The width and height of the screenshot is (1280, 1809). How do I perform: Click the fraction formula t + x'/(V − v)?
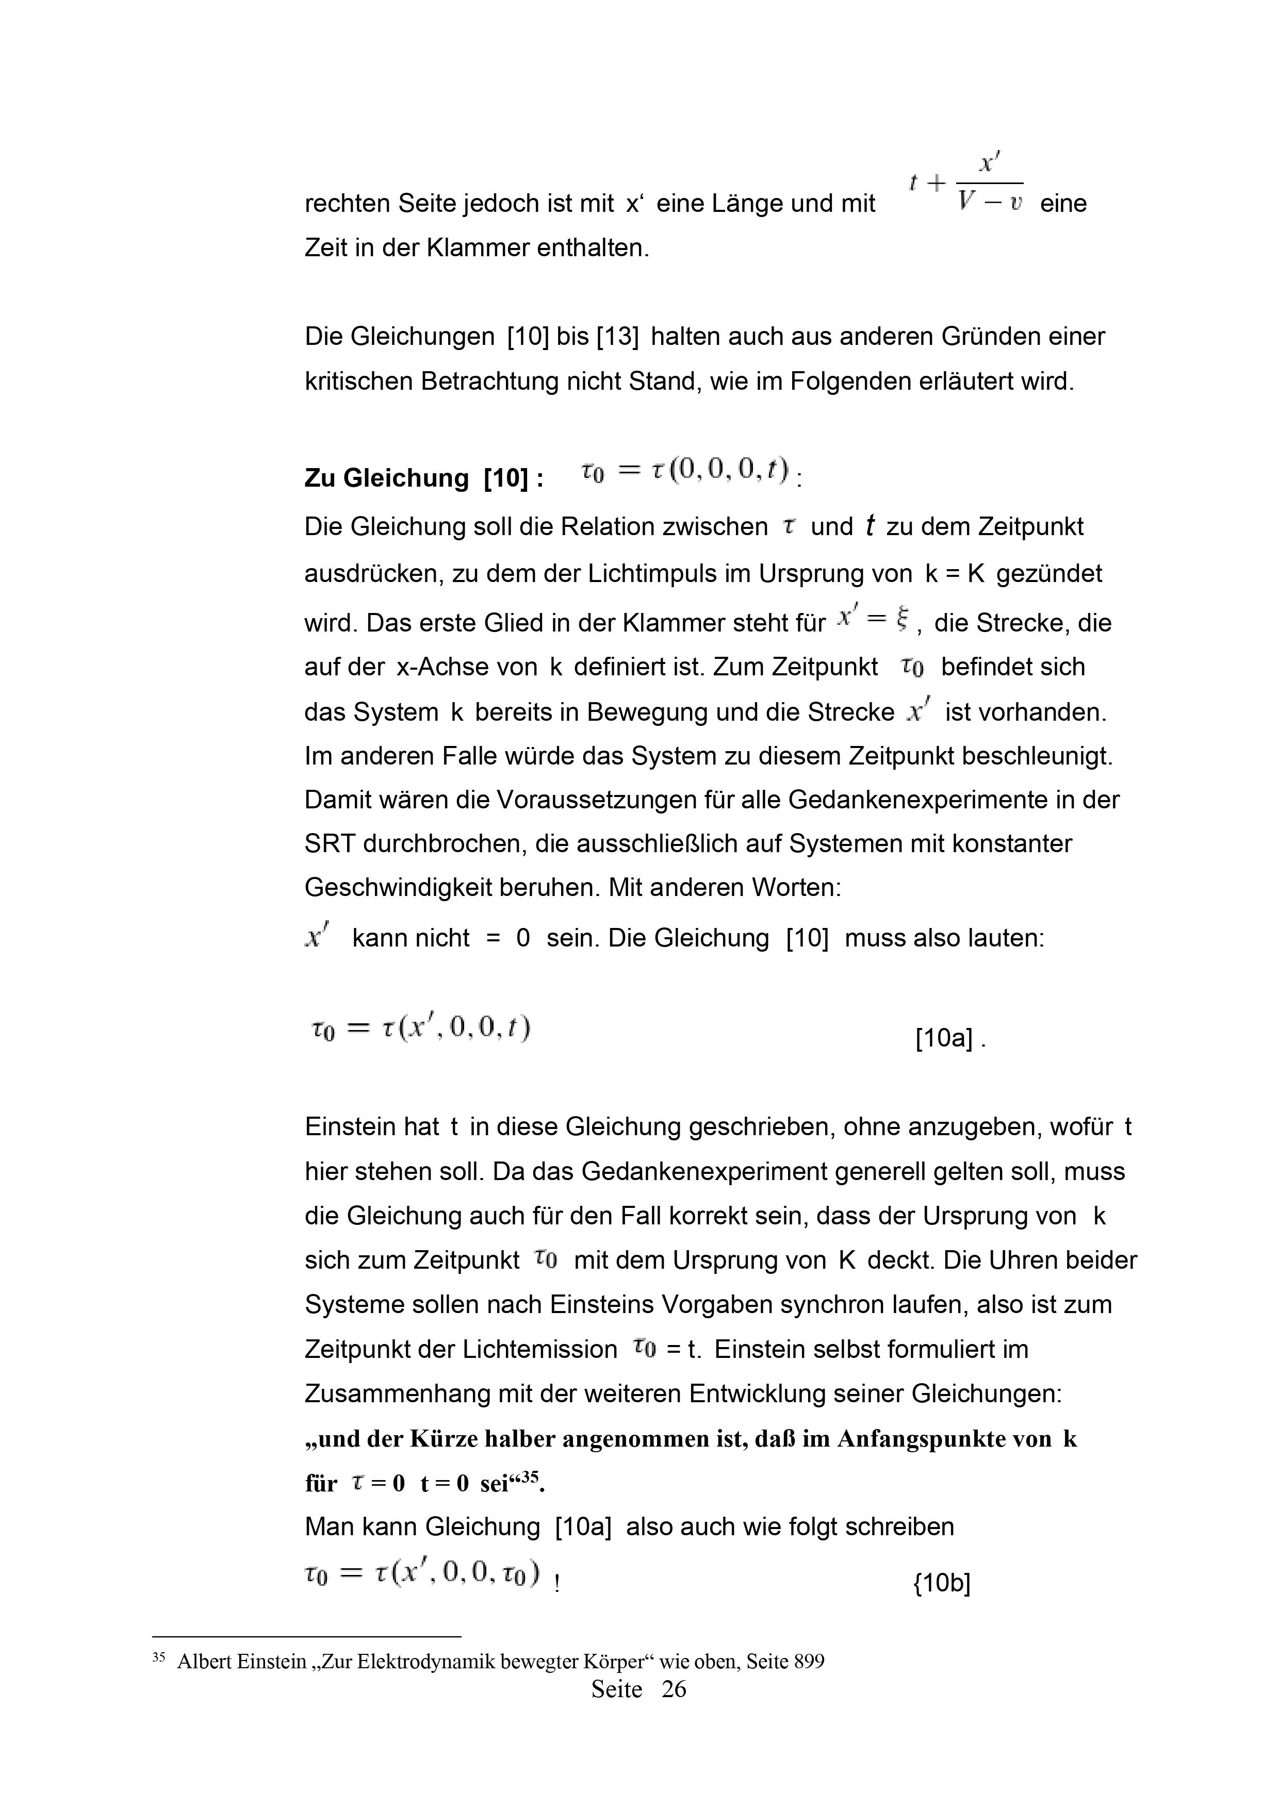click(x=966, y=183)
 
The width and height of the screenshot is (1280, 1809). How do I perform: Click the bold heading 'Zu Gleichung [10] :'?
click(x=423, y=478)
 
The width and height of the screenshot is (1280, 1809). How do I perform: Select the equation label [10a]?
click(x=943, y=1038)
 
